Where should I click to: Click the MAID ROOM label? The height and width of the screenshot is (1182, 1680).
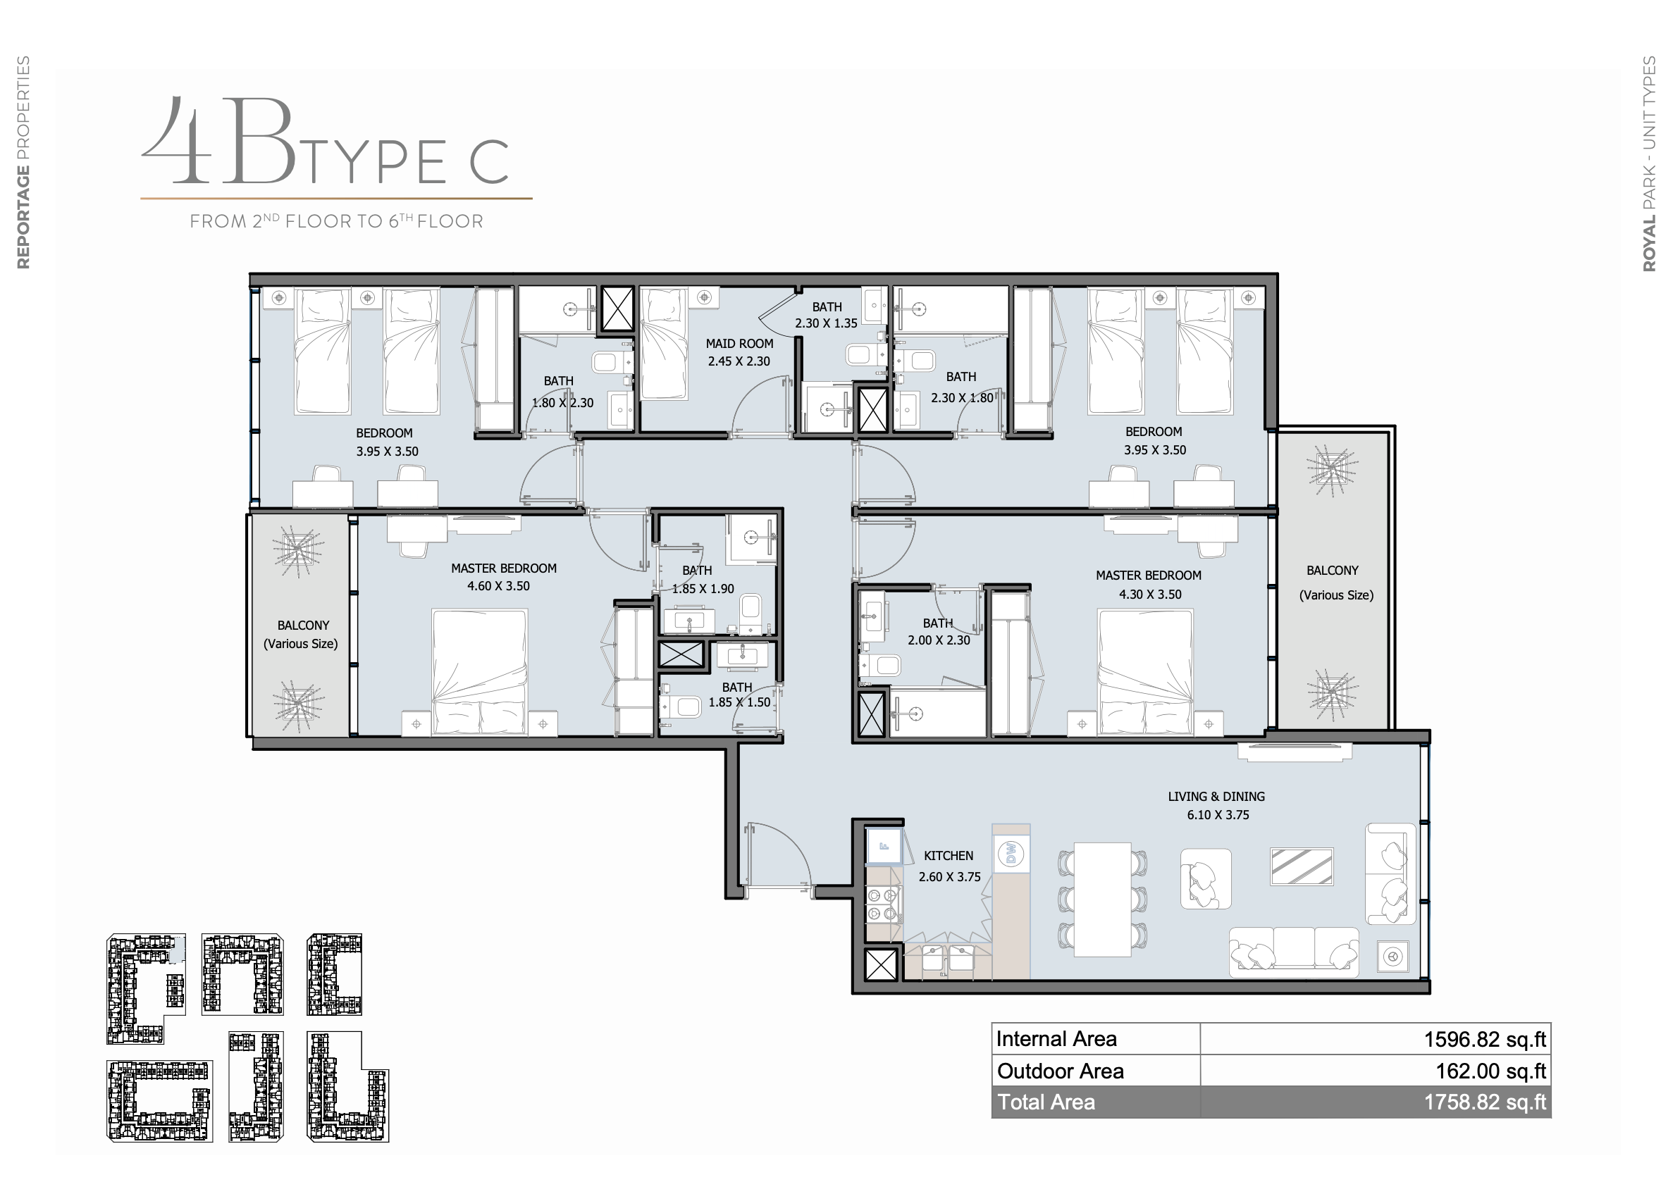739,344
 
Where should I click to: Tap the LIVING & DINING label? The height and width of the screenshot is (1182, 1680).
1216,797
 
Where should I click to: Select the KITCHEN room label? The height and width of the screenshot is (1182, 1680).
949,856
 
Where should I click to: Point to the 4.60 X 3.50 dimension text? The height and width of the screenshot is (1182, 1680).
498,586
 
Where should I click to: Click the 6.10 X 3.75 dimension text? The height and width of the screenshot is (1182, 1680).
1218,815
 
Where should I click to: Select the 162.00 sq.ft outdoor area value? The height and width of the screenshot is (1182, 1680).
1490,1071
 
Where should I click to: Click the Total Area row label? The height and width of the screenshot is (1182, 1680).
1046,1102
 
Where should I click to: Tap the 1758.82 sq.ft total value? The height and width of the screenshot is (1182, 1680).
1485,1102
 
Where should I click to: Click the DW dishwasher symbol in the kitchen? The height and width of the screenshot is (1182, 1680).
1012,854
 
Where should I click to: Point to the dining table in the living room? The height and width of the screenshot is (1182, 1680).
1103,900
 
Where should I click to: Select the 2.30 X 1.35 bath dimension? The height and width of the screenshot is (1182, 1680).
826,323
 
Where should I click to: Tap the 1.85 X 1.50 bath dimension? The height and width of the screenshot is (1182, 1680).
739,702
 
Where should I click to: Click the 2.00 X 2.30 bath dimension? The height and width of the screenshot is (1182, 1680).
939,640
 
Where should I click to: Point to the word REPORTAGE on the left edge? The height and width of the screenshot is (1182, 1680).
23,217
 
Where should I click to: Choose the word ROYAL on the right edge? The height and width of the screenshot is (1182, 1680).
1649,243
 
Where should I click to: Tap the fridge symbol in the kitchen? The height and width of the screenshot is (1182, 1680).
883,846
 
